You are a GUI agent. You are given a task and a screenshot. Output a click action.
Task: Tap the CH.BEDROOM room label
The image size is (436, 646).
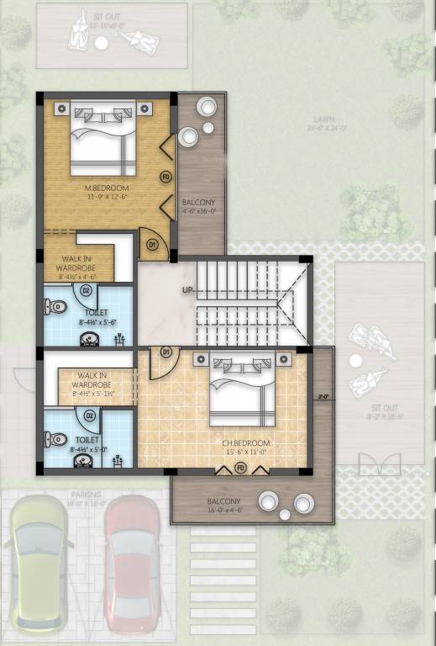pos(245,443)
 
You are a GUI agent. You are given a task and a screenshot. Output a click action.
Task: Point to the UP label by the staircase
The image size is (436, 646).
pos(186,290)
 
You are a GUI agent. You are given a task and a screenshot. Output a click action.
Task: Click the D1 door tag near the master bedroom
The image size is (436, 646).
pos(152,245)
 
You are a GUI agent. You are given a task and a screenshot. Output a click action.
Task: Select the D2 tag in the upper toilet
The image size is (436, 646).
pos(85,290)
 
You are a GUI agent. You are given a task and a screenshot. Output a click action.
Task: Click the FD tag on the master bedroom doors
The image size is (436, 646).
pos(165,177)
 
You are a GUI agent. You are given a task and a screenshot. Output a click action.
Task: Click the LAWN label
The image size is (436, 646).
pos(320,119)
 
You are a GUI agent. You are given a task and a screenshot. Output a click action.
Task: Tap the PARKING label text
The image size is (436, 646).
pos(86,495)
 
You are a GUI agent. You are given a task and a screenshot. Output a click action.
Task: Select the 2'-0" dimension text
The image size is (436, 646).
pos(323,395)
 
